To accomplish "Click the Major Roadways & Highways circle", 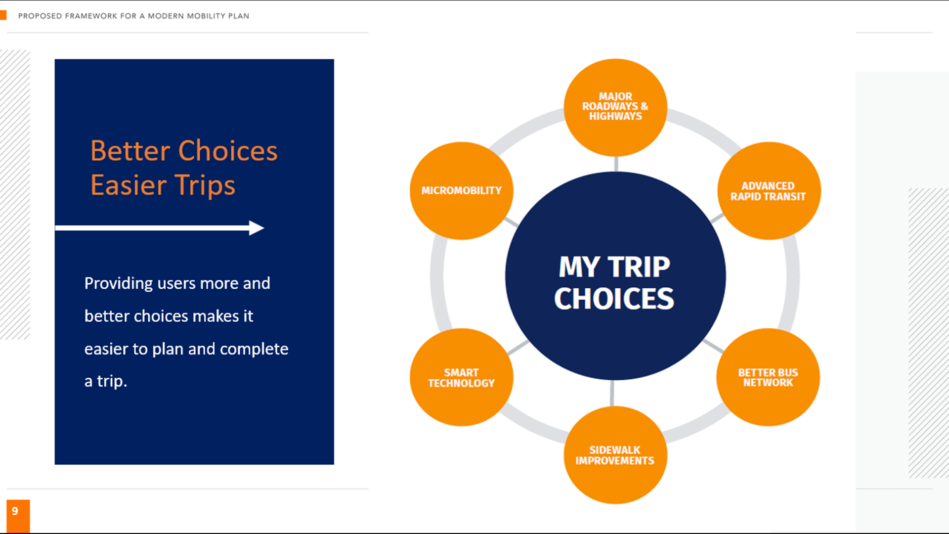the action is pyautogui.click(x=615, y=107).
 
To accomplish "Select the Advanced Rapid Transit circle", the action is pyautogui.click(x=769, y=191).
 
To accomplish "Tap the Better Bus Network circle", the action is pyautogui.click(x=768, y=377).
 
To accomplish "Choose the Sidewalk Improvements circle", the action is pyautogui.click(x=615, y=455).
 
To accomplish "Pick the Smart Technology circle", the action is pyautogui.click(x=462, y=377).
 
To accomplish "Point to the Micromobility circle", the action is pyautogui.click(x=462, y=191).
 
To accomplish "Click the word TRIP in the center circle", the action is pyautogui.click(x=639, y=267).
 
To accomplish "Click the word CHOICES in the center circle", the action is pyautogui.click(x=614, y=299).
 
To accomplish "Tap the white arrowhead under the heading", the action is pyautogui.click(x=257, y=228).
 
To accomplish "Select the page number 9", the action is pyautogui.click(x=15, y=511).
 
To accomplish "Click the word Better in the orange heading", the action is pyautogui.click(x=130, y=151).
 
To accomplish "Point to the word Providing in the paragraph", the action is pyautogui.click(x=119, y=284).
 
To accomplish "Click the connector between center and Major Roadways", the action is pyautogui.click(x=616, y=164).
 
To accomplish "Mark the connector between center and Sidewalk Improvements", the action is pyautogui.click(x=612, y=393).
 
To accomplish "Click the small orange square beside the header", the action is pyautogui.click(x=3, y=15).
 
